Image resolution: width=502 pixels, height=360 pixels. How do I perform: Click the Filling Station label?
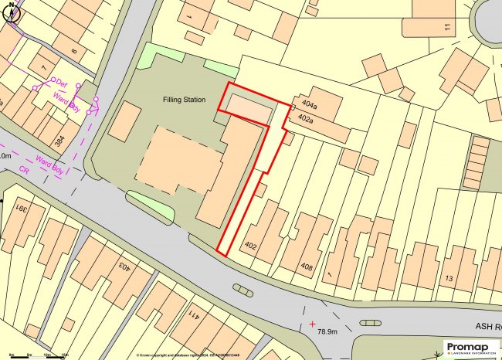coord(189,100)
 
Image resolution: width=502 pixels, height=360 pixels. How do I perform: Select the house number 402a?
coord(305,119)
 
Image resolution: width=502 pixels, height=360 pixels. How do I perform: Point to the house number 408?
coord(307,267)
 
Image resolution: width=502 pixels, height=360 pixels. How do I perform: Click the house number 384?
coord(60,141)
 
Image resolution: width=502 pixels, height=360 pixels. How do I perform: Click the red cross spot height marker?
coord(312,323)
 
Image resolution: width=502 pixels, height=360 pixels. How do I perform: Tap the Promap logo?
coord(470,348)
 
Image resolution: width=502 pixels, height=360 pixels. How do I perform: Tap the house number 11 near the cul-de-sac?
coord(447,27)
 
